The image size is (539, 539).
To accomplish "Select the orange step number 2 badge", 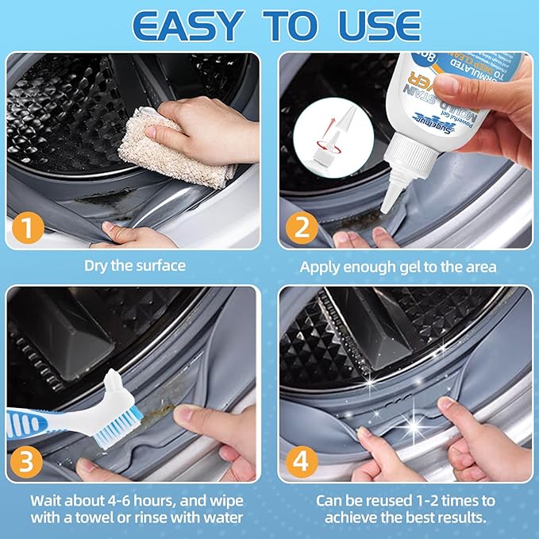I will click(x=302, y=229).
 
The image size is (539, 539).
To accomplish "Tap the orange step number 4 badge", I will click(x=302, y=460).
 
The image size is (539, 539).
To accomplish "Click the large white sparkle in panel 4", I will click(x=414, y=426).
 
